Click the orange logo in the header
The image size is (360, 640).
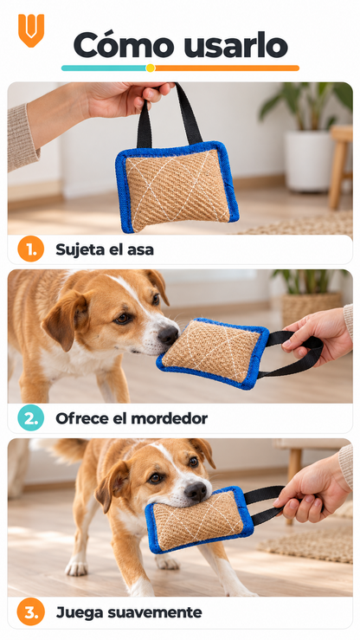coord(31,30)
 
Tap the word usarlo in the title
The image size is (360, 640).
coord(235,46)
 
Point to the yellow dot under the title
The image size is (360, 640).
coord(151,68)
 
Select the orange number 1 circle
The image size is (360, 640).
coord(30,249)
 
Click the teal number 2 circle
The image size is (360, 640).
coord(30,418)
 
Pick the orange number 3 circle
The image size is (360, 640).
coord(30,611)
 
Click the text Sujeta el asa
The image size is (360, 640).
coord(105,249)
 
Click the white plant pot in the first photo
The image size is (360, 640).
coord(309,160)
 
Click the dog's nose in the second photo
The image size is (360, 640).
coord(168,335)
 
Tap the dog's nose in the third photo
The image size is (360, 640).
coord(196,491)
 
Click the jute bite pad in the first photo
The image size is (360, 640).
coord(177,186)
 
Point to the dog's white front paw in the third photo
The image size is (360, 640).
coord(76,566)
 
